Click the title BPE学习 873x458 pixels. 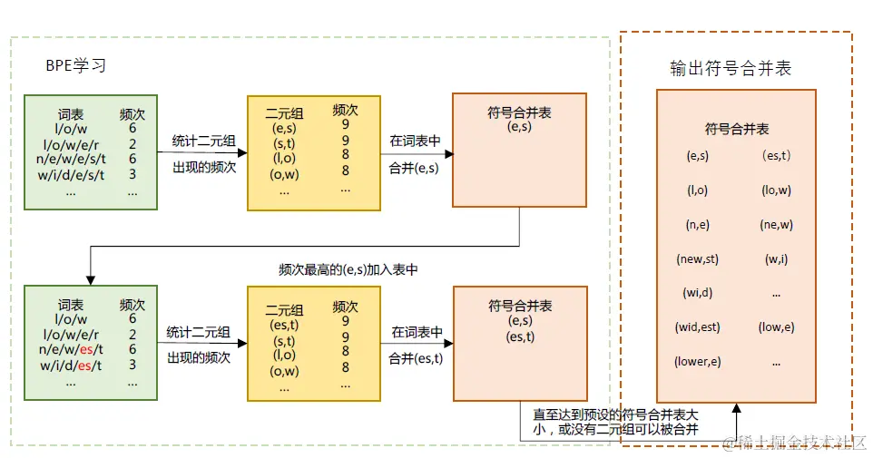point(76,66)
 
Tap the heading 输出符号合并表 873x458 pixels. point(731,69)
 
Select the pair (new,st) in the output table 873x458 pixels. point(697,258)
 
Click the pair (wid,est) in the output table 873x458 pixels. point(697,326)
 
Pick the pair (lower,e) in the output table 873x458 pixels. point(697,361)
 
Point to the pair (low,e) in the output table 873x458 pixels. point(776,326)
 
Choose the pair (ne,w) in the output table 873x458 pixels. point(776,225)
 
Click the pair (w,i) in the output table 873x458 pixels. point(776,258)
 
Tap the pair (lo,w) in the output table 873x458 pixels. point(776,190)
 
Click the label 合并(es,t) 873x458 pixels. point(417,358)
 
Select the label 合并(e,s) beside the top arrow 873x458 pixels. point(414,168)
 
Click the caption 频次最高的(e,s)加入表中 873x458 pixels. point(348,270)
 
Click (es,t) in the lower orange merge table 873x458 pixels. point(520,336)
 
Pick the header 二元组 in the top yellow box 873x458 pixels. point(284,114)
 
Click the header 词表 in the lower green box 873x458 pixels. point(71,305)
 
